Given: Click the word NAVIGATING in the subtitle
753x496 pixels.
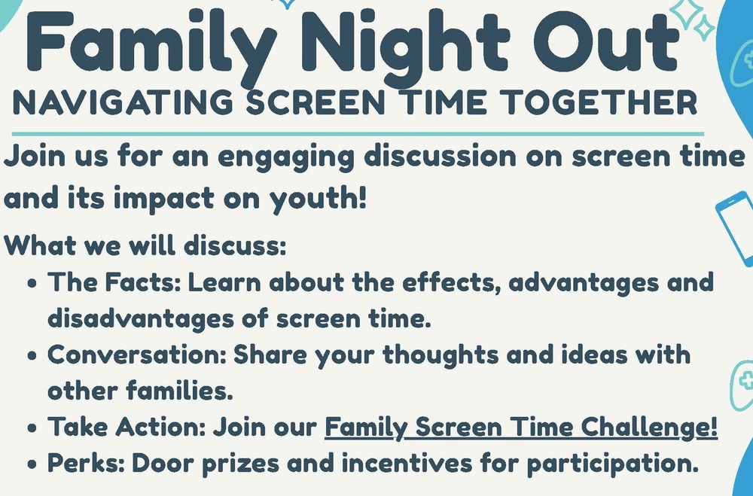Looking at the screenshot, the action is [x=123, y=102].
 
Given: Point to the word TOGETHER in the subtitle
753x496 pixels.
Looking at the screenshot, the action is [x=598, y=102].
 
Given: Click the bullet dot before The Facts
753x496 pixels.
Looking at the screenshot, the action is [x=32, y=283].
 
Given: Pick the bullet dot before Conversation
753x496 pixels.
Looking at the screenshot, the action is [x=32, y=356].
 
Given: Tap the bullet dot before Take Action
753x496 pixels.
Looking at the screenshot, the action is [x=32, y=428].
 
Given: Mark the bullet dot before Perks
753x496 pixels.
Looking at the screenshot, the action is [x=32, y=464].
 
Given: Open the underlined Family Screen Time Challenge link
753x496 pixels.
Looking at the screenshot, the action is [x=521, y=427].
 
